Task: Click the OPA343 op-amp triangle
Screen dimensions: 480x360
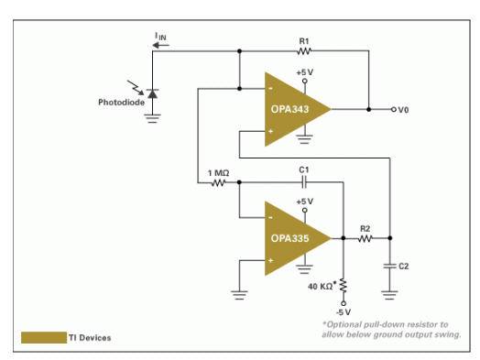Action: [x=294, y=109]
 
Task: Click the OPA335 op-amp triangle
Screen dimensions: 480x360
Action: [x=294, y=238]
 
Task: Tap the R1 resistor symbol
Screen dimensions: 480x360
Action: [x=304, y=51]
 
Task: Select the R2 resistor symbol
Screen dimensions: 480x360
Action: [x=365, y=238]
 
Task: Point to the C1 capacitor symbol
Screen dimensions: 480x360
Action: [x=304, y=182]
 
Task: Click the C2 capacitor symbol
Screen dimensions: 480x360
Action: [x=389, y=266]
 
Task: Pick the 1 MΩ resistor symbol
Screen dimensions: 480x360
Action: [x=219, y=183]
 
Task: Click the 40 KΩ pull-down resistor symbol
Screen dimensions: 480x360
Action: [x=344, y=285]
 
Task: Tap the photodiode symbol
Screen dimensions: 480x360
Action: [x=152, y=93]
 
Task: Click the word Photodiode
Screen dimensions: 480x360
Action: [x=121, y=103]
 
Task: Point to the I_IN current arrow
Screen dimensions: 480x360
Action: [x=160, y=46]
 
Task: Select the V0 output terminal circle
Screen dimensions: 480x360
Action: [x=394, y=109]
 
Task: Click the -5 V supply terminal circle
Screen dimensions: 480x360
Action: [x=344, y=303]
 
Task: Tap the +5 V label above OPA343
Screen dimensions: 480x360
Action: [x=305, y=72]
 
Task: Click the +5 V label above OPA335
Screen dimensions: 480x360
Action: [x=305, y=202]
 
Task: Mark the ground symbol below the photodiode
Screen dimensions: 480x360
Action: [x=152, y=118]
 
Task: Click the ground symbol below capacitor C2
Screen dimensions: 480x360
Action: [x=389, y=295]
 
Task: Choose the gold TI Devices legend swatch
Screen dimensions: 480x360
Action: [x=44, y=338]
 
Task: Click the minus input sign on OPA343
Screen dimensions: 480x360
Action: [x=270, y=89]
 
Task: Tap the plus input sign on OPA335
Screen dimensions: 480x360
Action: [x=270, y=260]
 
